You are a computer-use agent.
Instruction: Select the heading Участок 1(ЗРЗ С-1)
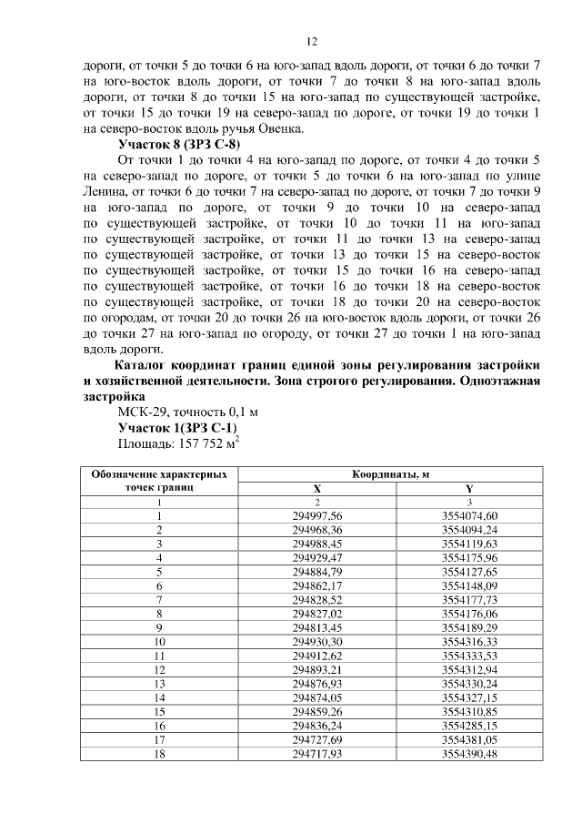tap(178, 427)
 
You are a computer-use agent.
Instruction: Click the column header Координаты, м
tap(390, 474)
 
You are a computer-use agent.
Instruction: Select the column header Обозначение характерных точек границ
tap(158, 481)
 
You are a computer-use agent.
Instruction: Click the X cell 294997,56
tap(316, 515)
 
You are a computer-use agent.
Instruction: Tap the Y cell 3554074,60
tap(469, 515)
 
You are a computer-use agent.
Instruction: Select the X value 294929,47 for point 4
tap(316, 557)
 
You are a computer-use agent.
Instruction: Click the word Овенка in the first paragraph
tap(280, 130)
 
